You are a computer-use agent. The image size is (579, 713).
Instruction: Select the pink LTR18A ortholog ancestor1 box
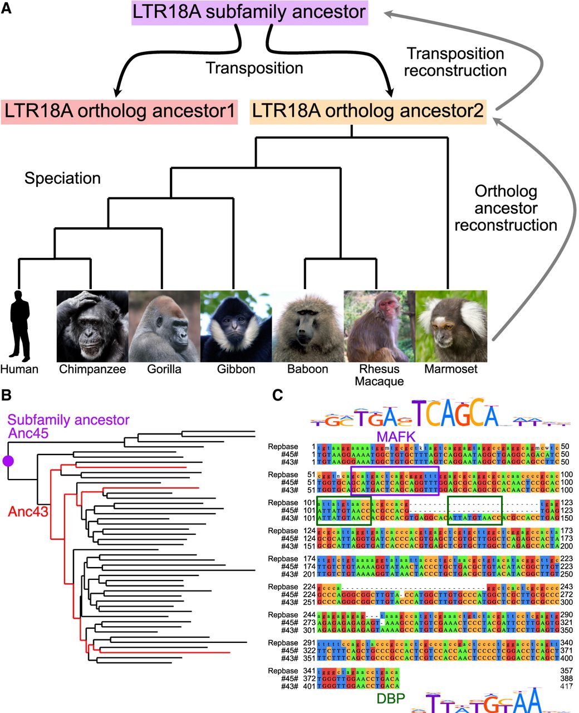[x=120, y=111]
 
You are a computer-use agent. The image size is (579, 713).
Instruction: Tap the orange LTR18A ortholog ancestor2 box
[x=368, y=111]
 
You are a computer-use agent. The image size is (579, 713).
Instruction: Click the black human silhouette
[x=21, y=325]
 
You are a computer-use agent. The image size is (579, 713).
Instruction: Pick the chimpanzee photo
[x=92, y=326]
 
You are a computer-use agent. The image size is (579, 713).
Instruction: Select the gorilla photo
[x=164, y=326]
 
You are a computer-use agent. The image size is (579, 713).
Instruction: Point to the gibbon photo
[x=236, y=326]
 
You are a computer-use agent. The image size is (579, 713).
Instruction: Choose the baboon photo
[x=308, y=326]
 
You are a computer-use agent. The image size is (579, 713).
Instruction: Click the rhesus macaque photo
[x=379, y=326]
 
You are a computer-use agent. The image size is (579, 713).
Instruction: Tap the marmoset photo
[x=451, y=326]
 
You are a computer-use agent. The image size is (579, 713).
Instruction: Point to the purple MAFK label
[x=396, y=436]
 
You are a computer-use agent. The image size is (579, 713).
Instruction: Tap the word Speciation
[x=62, y=178]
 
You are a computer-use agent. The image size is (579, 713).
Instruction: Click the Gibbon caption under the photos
[x=236, y=369]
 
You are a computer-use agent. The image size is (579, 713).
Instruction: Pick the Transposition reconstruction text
[x=455, y=62]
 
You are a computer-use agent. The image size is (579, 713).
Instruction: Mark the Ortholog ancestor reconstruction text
[x=506, y=208]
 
